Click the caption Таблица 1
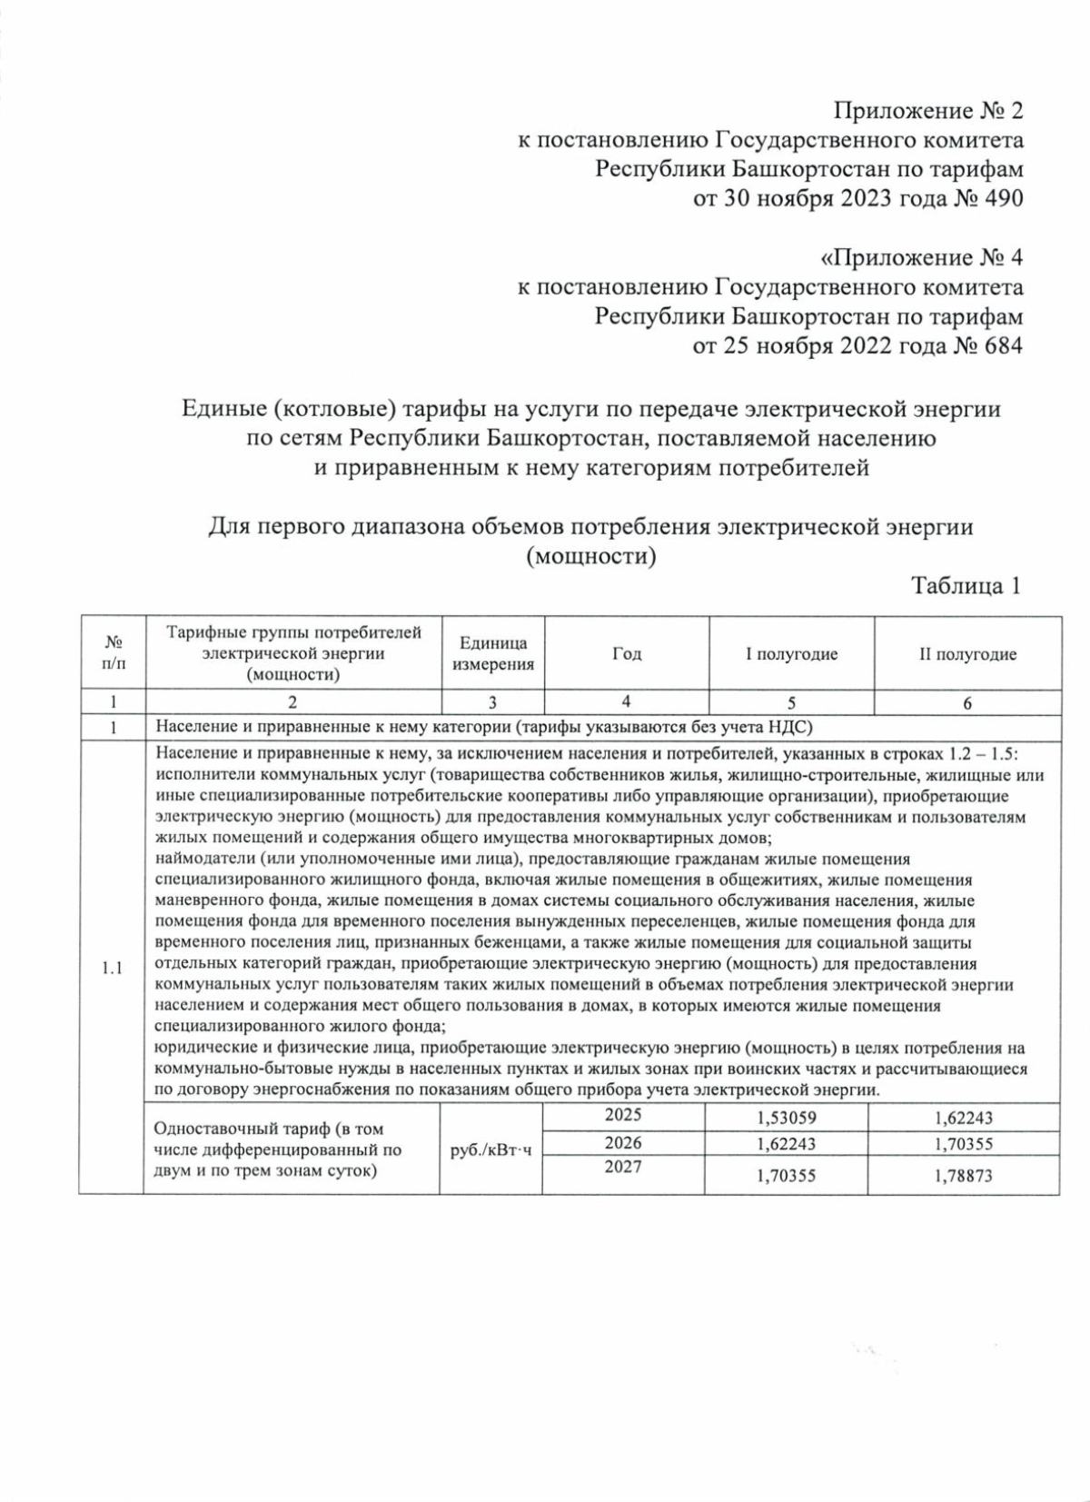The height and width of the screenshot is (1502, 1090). (x=966, y=586)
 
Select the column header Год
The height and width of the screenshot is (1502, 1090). (x=627, y=654)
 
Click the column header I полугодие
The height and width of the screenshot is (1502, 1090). (x=791, y=654)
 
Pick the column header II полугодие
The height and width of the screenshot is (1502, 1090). (x=967, y=654)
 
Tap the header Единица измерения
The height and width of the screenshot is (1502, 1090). (x=493, y=654)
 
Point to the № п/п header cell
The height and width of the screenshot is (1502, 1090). (x=113, y=654)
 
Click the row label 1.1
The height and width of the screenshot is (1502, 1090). (x=112, y=968)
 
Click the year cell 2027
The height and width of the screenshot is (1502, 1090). (x=623, y=1167)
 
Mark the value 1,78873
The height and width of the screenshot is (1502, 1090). (x=963, y=1176)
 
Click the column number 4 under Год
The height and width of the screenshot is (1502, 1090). (x=627, y=701)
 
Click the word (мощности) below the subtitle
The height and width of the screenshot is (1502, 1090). (x=591, y=556)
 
